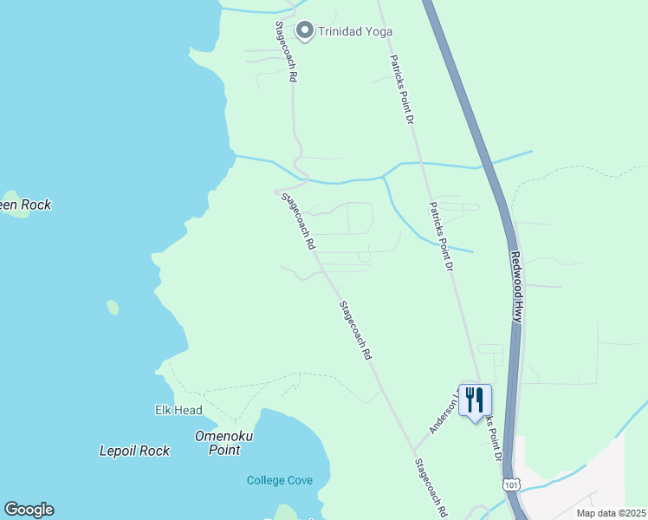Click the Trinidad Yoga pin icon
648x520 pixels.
304,31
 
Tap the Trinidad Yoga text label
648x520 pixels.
355,32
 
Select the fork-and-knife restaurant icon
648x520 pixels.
475,400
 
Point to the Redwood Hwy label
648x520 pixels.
516,289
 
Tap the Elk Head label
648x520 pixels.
178,410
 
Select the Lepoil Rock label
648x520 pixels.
134,451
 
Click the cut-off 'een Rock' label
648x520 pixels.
25,205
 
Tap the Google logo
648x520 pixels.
29,510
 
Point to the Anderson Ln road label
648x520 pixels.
444,410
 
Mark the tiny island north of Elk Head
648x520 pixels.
113,307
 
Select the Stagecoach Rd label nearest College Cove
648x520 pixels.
430,488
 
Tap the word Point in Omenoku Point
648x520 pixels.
224,451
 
